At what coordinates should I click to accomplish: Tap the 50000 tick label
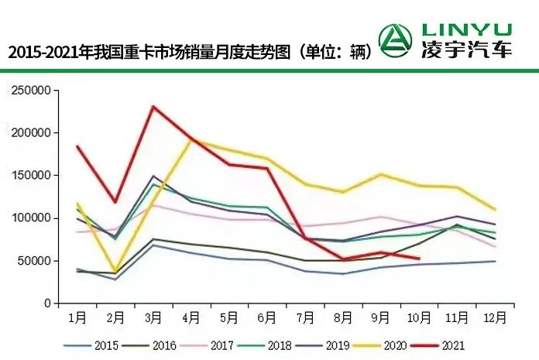tap(33, 261)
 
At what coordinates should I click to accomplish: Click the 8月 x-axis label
tap(343, 317)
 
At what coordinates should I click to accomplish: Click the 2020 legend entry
tap(388, 345)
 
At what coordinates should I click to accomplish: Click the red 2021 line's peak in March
tap(154, 106)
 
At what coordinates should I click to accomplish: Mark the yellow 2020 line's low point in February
tap(116, 272)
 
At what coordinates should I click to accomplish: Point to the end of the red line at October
tap(419, 259)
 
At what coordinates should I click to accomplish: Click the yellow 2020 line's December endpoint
tap(495, 210)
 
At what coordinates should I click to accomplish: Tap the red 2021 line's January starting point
tap(77, 146)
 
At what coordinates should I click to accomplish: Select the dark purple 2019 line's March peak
tap(154, 177)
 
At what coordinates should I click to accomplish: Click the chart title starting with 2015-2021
tap(190, 53)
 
